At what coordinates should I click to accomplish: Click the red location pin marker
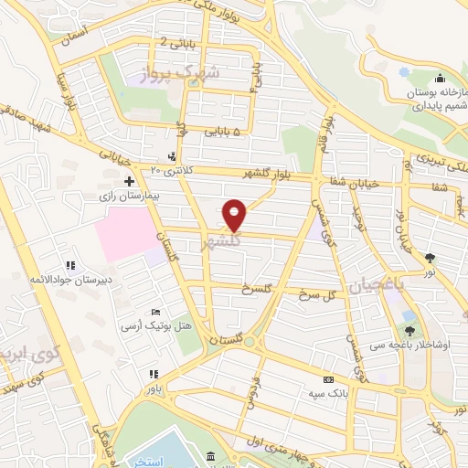point(235,215)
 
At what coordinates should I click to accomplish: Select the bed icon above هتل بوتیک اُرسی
point(154,313)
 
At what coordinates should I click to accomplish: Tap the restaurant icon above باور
point(153,374)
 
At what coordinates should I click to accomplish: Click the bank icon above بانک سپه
point(327,379)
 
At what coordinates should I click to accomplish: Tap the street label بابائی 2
point(177,42)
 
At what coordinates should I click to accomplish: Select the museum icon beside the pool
point(211,455)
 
